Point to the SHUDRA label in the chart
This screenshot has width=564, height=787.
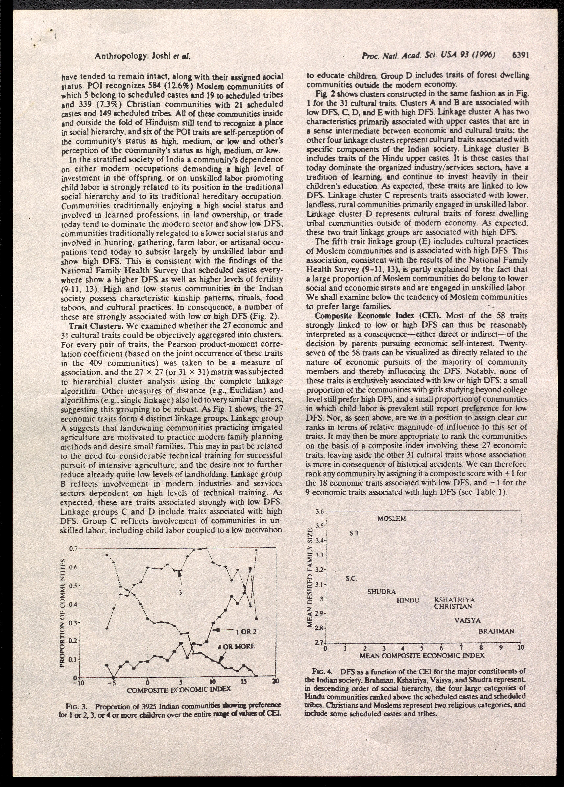click(x=381, y=592)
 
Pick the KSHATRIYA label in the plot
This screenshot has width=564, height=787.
click(x=454, y=600)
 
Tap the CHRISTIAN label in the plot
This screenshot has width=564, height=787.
click(x=453, y=607)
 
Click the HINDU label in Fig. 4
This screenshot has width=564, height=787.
click(x=408, y=600)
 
